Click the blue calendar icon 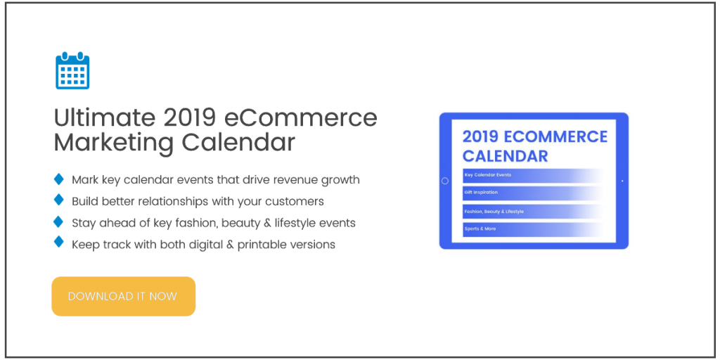72,70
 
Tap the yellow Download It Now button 123,296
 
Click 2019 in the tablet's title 486,136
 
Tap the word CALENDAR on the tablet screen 505,155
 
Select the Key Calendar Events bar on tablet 532,175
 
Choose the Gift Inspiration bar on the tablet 532,193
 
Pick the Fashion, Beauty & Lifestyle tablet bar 532,211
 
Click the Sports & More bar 532,229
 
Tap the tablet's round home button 445,181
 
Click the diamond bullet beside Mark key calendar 58,179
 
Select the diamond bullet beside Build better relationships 58,200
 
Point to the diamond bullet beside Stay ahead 58,221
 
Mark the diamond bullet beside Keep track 58,243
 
